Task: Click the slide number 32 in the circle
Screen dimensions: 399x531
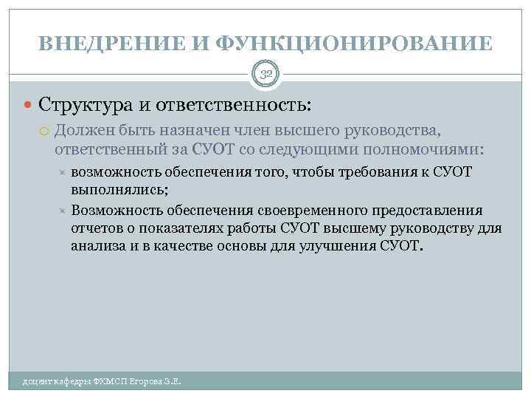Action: (265, 73)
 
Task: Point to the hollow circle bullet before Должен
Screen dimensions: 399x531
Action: (45, 132)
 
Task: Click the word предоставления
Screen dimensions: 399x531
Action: (427, 210)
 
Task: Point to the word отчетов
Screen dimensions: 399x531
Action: (96, 228)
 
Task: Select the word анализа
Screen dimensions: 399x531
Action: (97, 247)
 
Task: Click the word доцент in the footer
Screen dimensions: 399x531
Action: (37, 381)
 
